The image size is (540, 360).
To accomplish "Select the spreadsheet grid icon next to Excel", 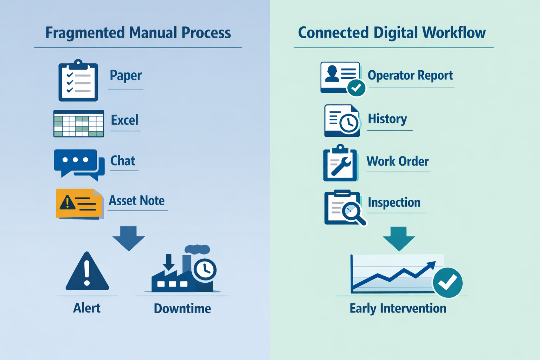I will coord(79,124).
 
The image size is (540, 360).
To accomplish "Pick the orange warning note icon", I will coord(79,204).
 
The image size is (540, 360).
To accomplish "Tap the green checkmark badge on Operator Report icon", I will coord(356,88).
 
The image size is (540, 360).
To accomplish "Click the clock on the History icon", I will coord(349,123).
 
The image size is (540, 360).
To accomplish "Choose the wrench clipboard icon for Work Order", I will coord(340,163).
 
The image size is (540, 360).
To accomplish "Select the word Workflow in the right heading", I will coord(454,33).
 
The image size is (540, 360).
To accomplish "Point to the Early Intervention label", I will coord(398,308).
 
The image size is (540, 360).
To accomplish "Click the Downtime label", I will coord(182,308).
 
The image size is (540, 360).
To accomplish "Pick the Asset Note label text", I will coord(137,201).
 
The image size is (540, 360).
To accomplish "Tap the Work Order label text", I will coord(398,161).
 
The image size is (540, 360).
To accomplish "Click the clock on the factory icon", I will coord(205,270).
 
